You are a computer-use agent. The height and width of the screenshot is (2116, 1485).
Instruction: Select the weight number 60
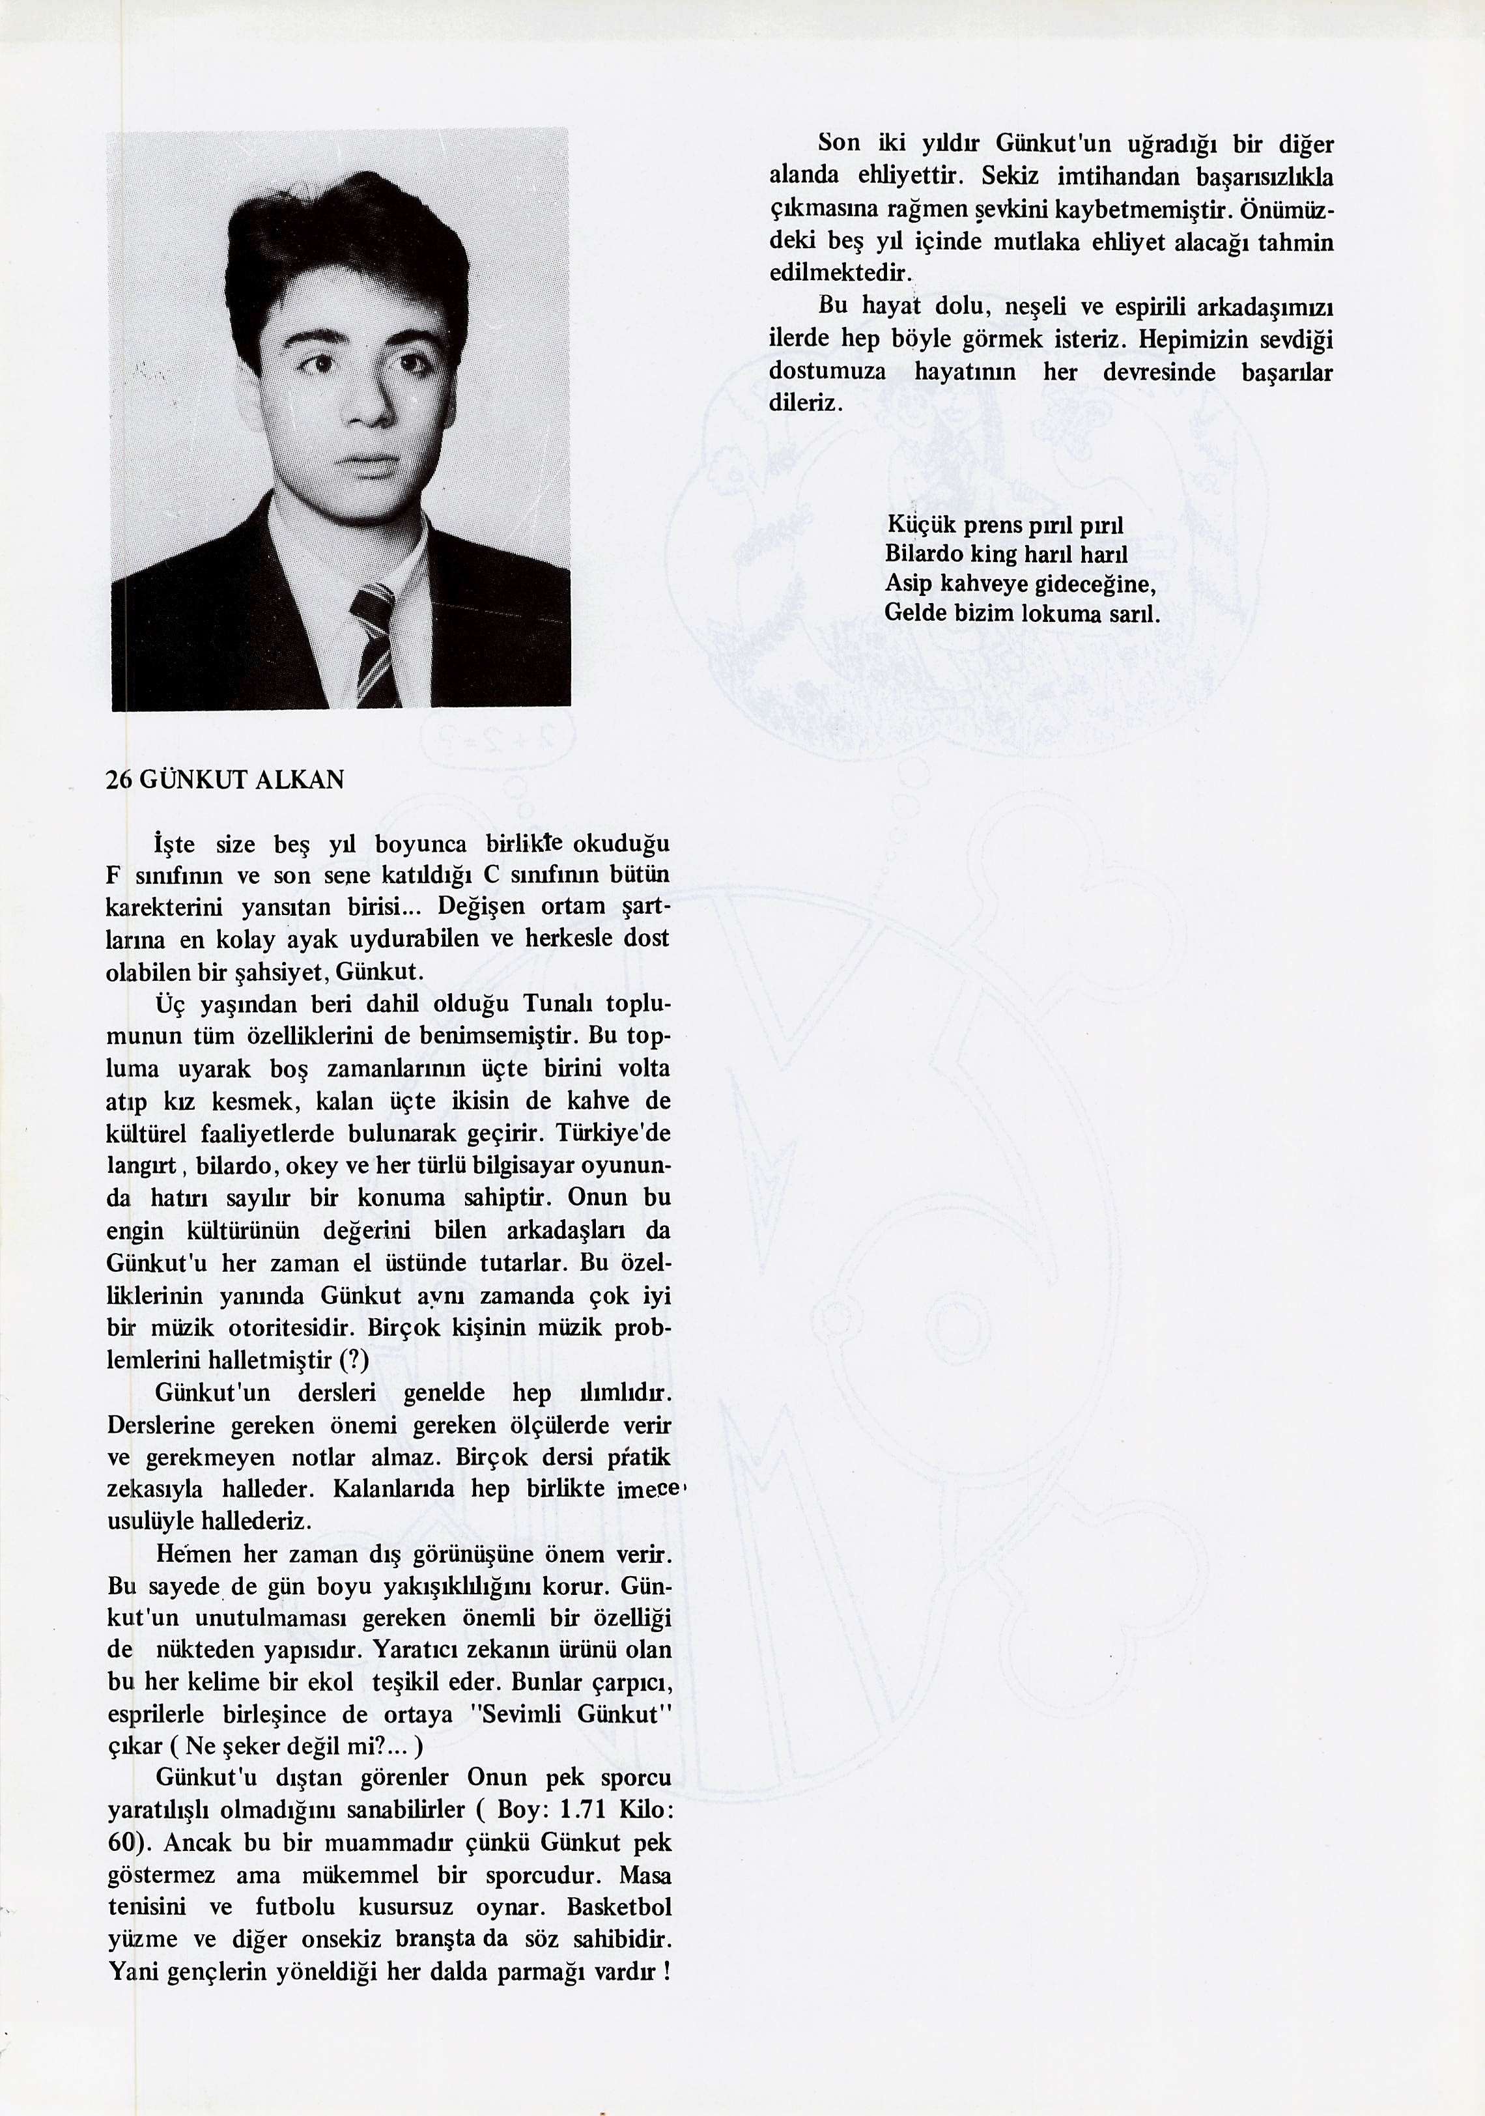(124, 1841)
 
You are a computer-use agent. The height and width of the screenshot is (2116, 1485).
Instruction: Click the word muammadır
(408, 1841)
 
